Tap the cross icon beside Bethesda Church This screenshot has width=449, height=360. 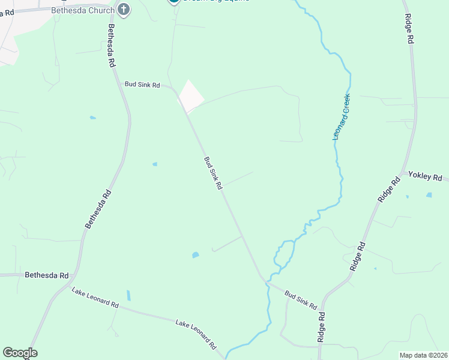pos(124,9)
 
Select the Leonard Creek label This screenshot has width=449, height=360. pos(342,117)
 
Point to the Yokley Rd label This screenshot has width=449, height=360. pos(425,176)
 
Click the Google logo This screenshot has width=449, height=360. pos(20,353)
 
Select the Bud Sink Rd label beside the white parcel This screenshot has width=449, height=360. pos(142,85)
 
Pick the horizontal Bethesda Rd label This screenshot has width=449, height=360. pos(47,275)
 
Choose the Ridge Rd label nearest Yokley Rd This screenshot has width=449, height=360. pos(388,190)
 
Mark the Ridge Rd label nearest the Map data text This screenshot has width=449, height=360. pos(322,327)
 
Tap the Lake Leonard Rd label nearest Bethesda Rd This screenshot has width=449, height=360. pos(95,298)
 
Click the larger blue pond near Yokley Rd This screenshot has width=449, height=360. pos(429,195)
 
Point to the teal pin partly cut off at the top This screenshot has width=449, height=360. pos(173,1)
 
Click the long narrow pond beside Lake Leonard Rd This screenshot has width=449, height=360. pos(128,295)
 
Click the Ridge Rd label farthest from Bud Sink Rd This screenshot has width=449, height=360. pos(409,28)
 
